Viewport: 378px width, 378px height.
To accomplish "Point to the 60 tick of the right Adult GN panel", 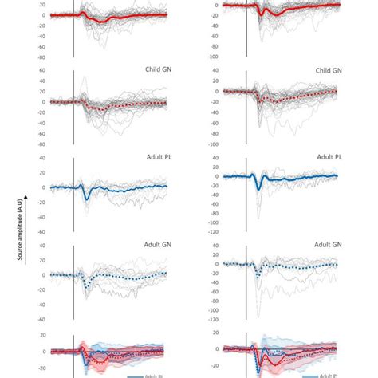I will click(214, 247).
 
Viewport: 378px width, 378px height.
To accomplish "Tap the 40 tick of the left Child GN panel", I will click(40, 70).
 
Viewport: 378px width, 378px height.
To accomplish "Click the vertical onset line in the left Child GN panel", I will click(73, 104).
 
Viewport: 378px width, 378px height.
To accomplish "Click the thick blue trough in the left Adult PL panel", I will click(86, 199).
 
